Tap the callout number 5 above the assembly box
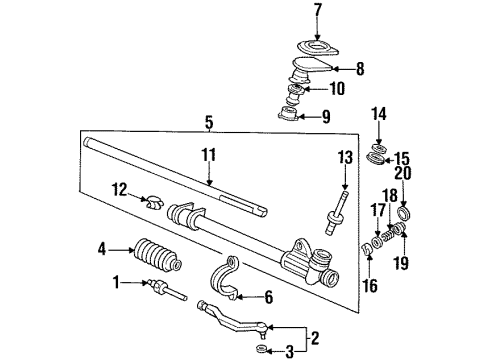208,123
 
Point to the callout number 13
344,157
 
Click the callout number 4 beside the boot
101,249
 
